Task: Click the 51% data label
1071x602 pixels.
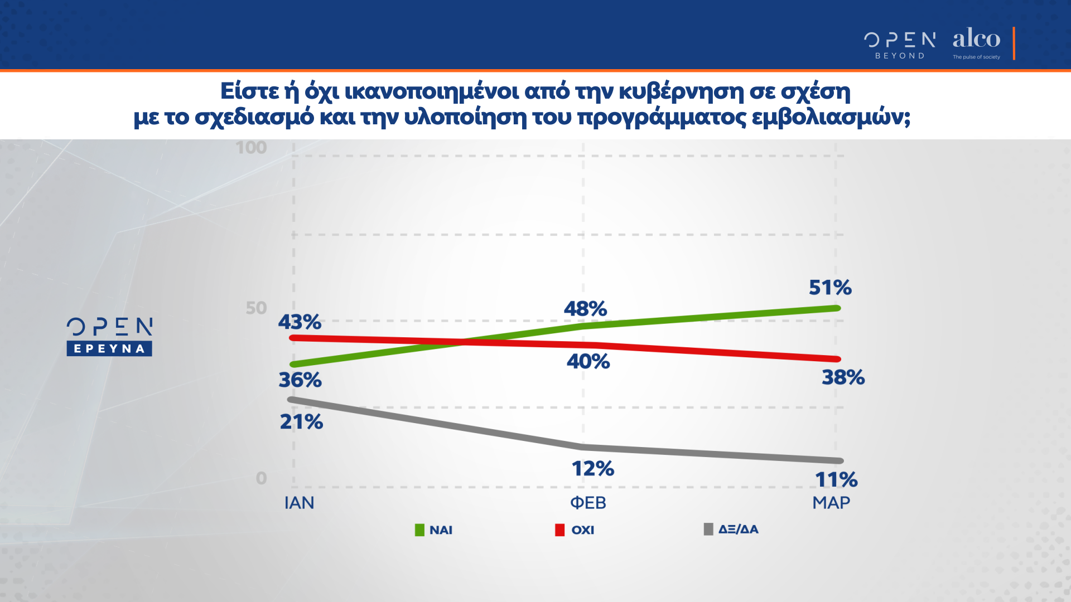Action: pyautogui.click(x=830, y=288)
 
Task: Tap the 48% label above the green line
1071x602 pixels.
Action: pyautogui.click(x=585, y=309)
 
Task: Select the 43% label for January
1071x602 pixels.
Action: pyautogui.click(x=300, y=322)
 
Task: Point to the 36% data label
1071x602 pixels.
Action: pyautogui.click(x=300, y=380)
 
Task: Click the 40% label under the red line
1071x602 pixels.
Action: pyautogui.click(x=588, y=362)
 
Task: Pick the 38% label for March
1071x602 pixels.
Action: pyautogui.click(x=843, y=377)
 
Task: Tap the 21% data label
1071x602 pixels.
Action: pyautogui.click(x=301, y=422)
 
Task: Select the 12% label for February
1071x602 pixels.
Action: pyautogui.click(x=592, y=469)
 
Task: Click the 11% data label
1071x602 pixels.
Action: pyautogui.click(x=836, y=480)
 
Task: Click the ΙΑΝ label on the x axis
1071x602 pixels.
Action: pyautogui.click(x=300, y=503)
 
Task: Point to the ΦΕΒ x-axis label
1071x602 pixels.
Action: pyautogui.click(x=588, y=503)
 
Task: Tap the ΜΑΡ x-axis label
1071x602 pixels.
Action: pyautogui.click(x=831, y=503)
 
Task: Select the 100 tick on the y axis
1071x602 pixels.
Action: pyautogui.click(x=251, y=148)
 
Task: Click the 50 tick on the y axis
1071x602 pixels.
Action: pyautogui.click(x=257, y=308)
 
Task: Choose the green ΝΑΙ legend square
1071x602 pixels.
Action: pyautogui.click(x=419, y=530)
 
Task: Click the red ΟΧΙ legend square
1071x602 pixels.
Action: pyautogui.click(x=559, y=530)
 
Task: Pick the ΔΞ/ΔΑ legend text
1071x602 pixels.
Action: pyautogui.click(x=738, y=530)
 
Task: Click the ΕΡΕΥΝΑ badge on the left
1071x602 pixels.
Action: pyautogui.click(x=109, y=349)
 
